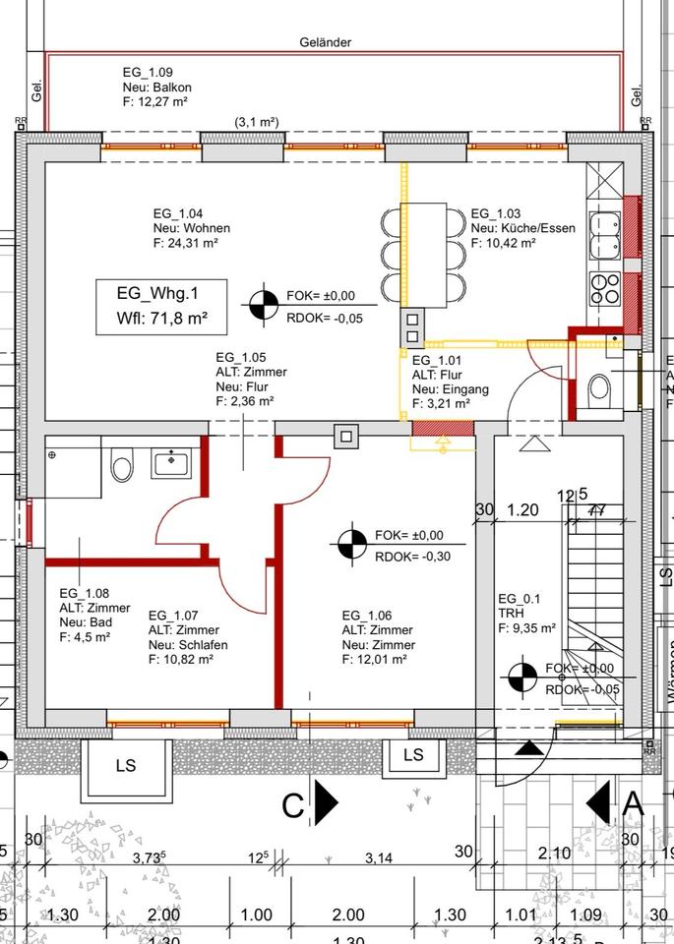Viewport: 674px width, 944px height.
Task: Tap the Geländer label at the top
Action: coord(326,42)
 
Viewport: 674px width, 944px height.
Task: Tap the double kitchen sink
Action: coord(602,233)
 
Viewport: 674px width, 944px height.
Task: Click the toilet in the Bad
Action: coord(122,465)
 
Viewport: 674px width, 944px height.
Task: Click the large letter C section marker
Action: coord(293,805)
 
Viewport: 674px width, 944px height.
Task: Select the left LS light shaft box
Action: coord(125,765)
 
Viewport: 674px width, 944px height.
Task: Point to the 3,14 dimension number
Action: coord(378,858)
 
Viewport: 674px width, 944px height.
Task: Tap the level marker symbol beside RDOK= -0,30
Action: coord(350,544)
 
